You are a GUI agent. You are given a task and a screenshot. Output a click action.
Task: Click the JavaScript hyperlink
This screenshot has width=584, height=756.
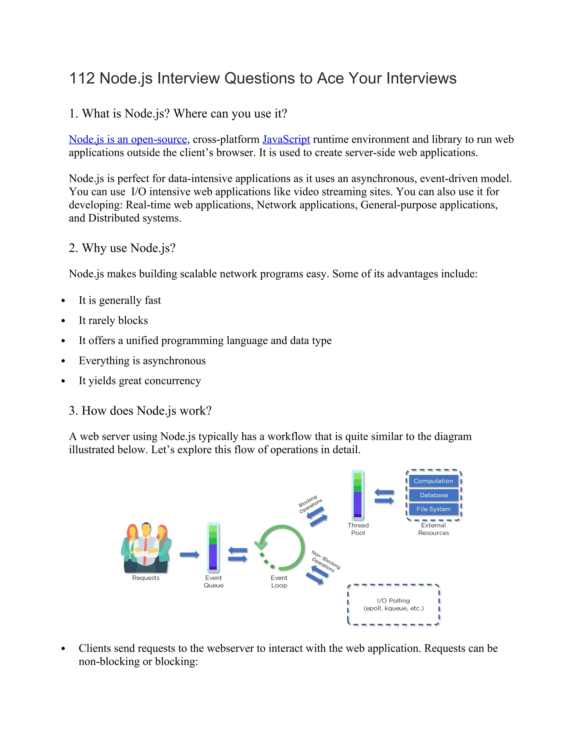pyautogui.click(x=286, y=140)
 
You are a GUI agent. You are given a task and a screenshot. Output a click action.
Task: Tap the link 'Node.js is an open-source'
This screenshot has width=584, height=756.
pyautogui.click(x=128, y=140)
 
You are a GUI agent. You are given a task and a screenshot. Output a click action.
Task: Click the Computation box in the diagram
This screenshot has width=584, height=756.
pyautogui.click(x=433, y=481)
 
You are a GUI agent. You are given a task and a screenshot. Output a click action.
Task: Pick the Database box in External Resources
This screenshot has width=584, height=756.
pyautogui.click(x=433, y=495)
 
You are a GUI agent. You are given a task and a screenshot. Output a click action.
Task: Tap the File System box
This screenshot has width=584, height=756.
pyautogui.click(x=433, y=509)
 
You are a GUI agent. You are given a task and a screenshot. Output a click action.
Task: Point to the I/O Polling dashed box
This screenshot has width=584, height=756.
pyautogui.click(x=393, y=605)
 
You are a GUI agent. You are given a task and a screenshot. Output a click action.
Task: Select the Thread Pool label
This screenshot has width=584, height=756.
pyautogui.click(x=358, y=529)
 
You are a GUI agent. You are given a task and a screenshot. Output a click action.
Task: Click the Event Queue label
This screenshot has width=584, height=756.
pyautogui.click(x=214, y=581)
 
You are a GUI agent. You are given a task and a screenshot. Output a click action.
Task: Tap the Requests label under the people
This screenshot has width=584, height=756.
pyautogui.click(x=146, y=578)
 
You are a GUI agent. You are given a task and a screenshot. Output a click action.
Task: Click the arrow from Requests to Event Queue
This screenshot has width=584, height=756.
pyautogui.click(x=189, y=555)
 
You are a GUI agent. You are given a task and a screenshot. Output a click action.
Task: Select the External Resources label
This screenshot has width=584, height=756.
pyautogui.click(x=433, y=529)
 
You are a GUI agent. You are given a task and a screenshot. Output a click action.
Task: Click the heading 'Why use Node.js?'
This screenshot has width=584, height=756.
pyautogui.click(x=122, y=248)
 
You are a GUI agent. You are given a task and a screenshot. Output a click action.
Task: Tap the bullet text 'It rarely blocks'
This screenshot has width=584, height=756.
pyautogui.click(x=113, y=321)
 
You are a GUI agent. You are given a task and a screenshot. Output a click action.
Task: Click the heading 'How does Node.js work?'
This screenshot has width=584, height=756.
pyautogui.click(x=140, y=411)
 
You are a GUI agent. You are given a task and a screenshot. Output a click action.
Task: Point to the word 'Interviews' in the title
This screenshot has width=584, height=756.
pyautogui.click(x=421, y=78)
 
